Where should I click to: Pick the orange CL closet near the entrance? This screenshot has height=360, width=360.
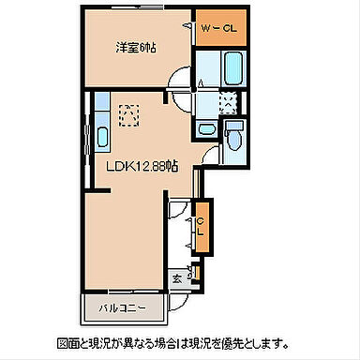pos(200,225)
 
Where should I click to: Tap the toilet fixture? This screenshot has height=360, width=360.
pos(236,140)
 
